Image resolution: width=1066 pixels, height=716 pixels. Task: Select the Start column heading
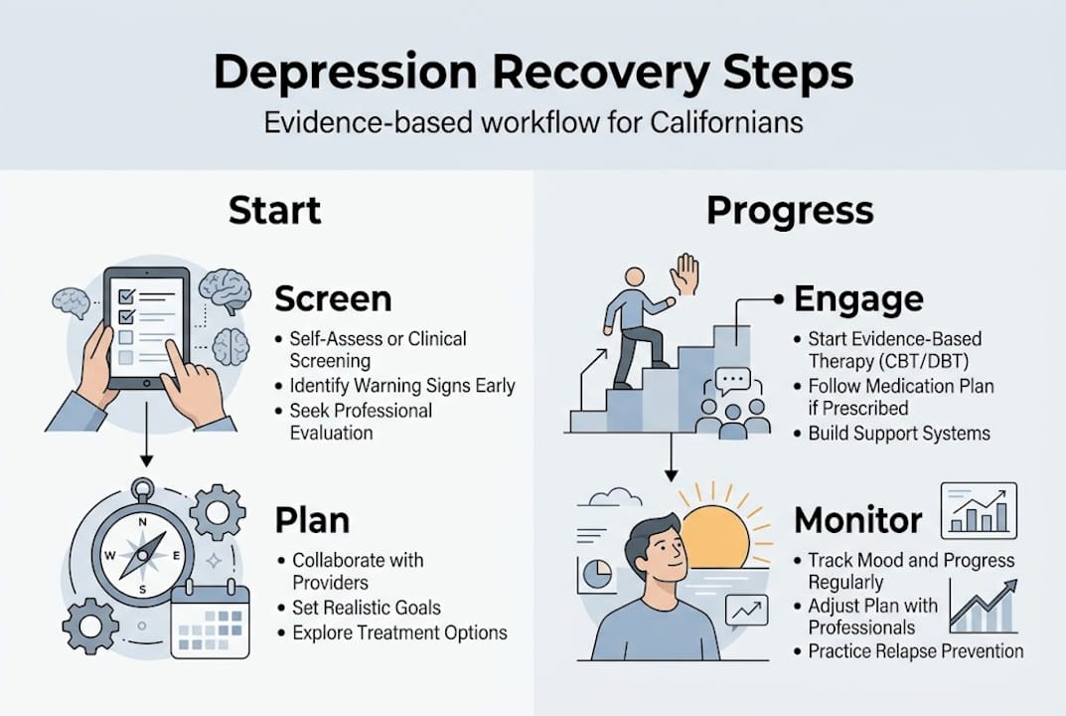point(274,211)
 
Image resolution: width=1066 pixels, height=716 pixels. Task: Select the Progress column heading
point(790,211)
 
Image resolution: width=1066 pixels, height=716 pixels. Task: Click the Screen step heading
point(333,299)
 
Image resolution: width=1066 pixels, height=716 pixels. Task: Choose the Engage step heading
point(858,298)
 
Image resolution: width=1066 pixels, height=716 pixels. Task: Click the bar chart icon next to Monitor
point(978,509)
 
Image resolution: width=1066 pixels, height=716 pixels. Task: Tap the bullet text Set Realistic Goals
point(367,608)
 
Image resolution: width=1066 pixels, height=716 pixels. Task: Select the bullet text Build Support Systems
point(899,434)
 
